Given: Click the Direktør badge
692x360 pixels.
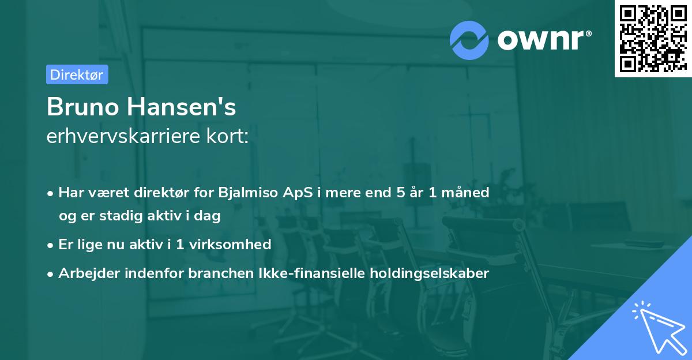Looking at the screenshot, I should click(77, 74).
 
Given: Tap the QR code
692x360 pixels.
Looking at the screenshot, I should click(652, 39).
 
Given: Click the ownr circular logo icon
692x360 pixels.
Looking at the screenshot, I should click(469, 40).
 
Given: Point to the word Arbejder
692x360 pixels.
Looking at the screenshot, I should click(85, 273).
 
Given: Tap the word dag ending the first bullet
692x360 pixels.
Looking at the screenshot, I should click(209, 216).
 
